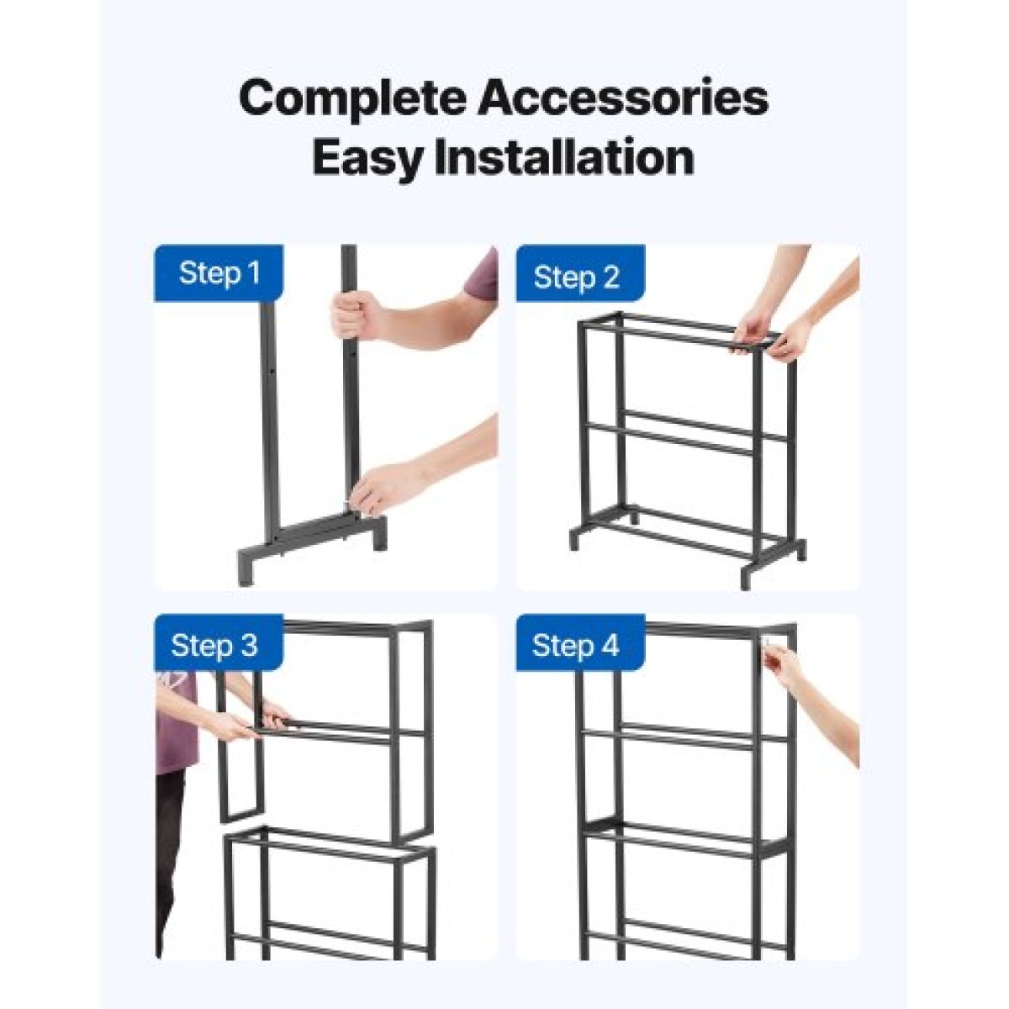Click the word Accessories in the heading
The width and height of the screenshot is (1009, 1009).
pos(623,98)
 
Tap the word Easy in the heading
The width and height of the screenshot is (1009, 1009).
pos(367,159)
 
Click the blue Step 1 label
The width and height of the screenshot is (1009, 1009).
pos(219,273)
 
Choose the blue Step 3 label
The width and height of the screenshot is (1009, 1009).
pos(219,645)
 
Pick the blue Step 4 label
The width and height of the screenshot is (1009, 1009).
pos(580,645)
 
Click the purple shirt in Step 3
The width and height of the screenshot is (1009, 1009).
pos(177,722)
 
